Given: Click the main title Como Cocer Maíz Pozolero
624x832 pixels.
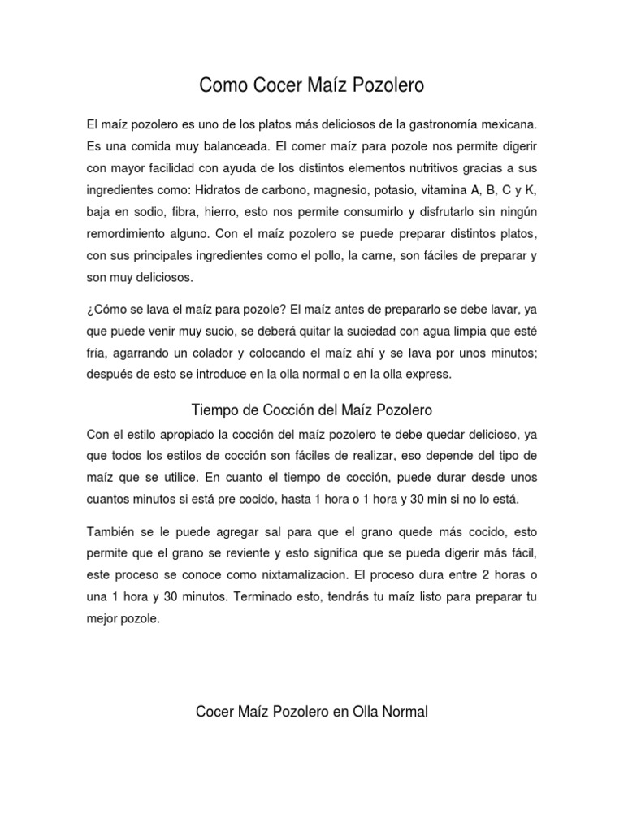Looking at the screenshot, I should (312, 84).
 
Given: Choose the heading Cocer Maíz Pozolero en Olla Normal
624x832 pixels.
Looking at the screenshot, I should (312, 712).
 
